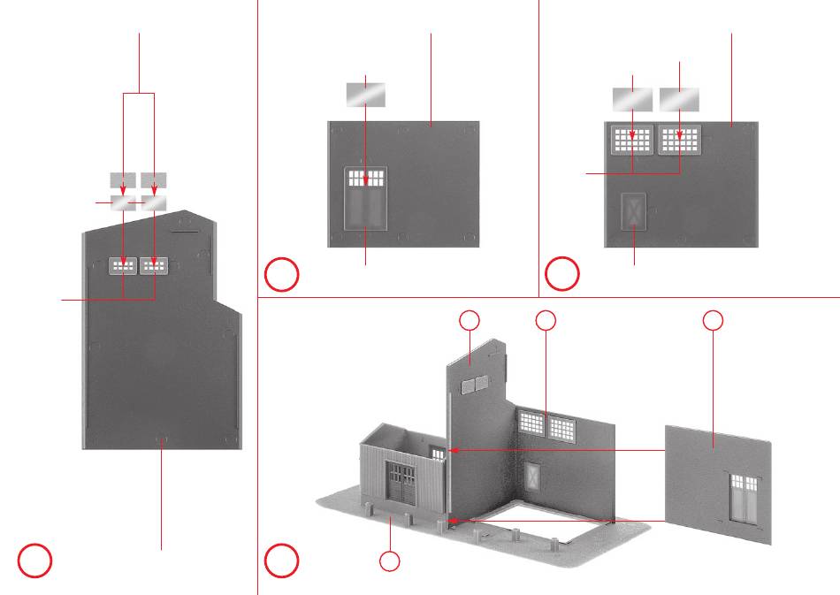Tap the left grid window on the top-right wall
[633, 140]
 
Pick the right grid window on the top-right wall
[679, 140]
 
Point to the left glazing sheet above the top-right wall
[633, 99]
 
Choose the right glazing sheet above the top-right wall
[679, 99]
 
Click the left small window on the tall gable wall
[123, 265]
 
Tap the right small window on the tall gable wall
[154, 265]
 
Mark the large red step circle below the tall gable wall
[34, 561]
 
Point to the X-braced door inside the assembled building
[532, 478]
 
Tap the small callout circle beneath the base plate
[389, 561]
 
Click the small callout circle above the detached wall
[714, 321]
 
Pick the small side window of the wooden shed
[436, 453]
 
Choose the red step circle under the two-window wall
[561, 276]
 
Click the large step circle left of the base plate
[282, 561]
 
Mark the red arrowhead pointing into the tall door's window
[366, 182]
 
